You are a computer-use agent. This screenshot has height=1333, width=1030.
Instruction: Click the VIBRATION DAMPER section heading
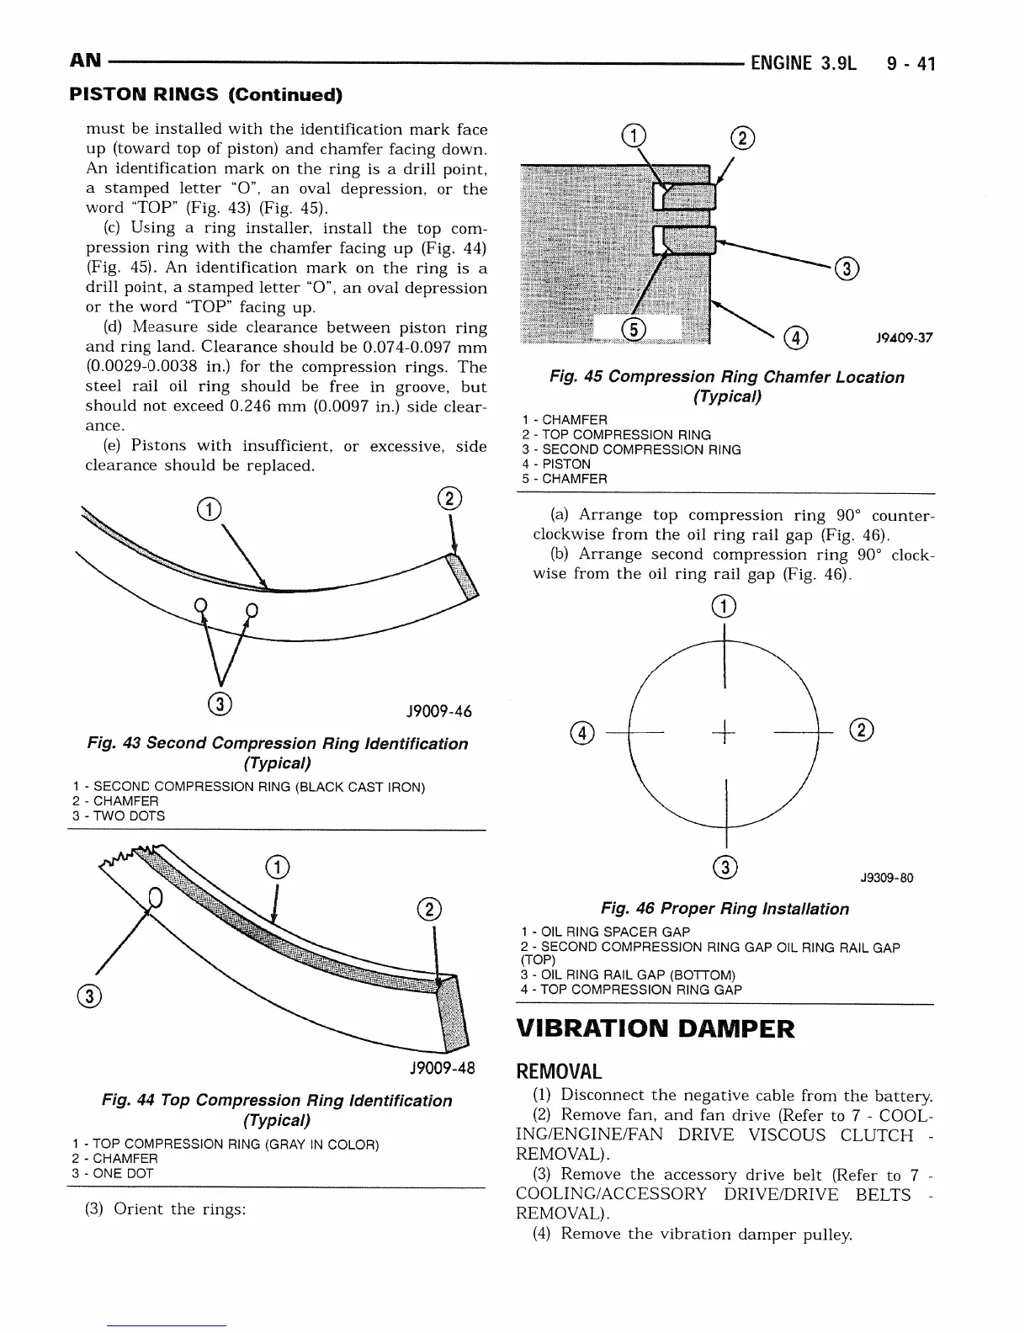[x=655, y=1028]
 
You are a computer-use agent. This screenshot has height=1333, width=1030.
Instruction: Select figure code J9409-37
[x=904, y=338]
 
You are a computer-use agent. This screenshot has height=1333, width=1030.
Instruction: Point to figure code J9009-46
[x=438, y=712]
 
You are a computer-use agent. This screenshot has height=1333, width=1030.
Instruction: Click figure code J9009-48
[x=442, y=1069]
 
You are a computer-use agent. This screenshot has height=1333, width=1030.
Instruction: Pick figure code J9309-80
[x=886, y=879]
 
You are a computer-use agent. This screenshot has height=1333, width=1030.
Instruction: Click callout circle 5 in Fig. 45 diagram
[x=633, y=329]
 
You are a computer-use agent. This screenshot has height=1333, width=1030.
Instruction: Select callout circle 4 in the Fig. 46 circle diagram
[x=582, y=733]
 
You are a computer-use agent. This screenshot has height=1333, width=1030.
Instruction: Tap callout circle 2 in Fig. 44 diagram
[x=428, y=910]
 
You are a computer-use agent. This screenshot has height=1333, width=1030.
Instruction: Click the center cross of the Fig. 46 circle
[x=725, y=734]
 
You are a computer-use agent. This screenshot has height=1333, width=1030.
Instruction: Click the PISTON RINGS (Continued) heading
[x=205, y=94]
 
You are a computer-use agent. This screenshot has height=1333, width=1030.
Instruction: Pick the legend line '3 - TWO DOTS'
[x=119, y=816]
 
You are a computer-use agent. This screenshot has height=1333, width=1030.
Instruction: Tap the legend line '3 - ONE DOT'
[x=114, y=1173]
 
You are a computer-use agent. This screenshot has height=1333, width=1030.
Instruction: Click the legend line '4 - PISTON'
[x=556, y=465]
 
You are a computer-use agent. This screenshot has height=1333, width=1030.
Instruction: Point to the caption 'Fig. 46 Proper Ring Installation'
[x=725, y=909]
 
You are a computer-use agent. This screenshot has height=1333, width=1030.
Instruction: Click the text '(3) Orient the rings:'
[x=166, y=1209]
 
